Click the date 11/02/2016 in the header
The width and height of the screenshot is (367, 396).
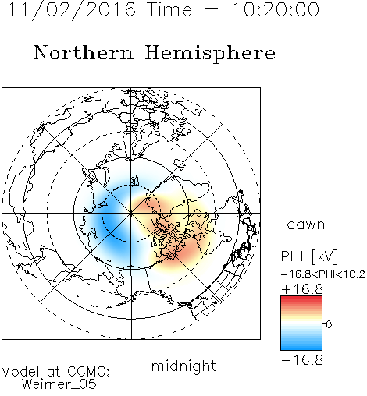[x=72, y=10]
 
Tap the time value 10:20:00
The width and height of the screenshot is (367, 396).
[x=276, y=9]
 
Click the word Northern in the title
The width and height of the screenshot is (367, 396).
[x=84, y=52]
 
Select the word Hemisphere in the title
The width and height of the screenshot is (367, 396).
[x=210, y=54]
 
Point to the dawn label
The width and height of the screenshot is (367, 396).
[x=306, y=224]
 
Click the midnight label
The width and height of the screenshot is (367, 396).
[x=183, y=366]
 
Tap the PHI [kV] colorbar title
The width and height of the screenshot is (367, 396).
[x=309, y=256]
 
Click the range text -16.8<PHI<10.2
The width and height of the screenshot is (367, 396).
[x=323, y=274]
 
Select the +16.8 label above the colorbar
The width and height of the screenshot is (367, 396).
[x=302, y=289]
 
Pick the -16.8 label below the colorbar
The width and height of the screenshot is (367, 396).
[x=302, y=360]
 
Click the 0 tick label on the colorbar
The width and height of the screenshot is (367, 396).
[x=329, y=324]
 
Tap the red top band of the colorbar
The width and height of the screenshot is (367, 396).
[x=301, y=299]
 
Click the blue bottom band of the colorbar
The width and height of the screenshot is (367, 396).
[x=301, y=347]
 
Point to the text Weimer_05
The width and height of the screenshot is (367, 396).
[x=59, y=384]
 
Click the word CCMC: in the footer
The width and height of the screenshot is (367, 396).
[x=88, y=372]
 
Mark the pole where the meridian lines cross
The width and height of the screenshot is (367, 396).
[x=131, y=213]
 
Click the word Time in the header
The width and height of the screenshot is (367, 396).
[x=169, y=9]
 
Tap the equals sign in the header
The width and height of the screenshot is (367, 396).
[x=212, y=10]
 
